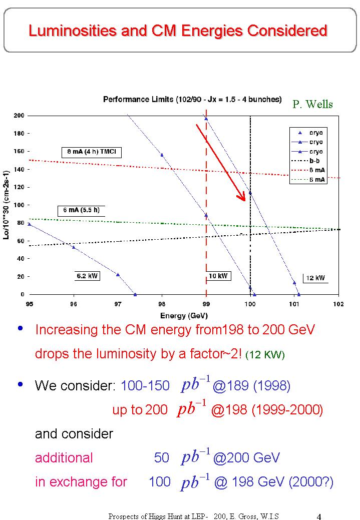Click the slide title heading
point(178,31)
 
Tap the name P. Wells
point(312,104)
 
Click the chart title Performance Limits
point(192,99)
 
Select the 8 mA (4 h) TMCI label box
point(92,152)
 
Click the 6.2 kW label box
point(88,275)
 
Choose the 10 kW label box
point(218,275)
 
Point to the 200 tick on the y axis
point(19,116)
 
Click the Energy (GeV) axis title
point(184,315)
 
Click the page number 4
point(319,515)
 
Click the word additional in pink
point(64,457)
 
